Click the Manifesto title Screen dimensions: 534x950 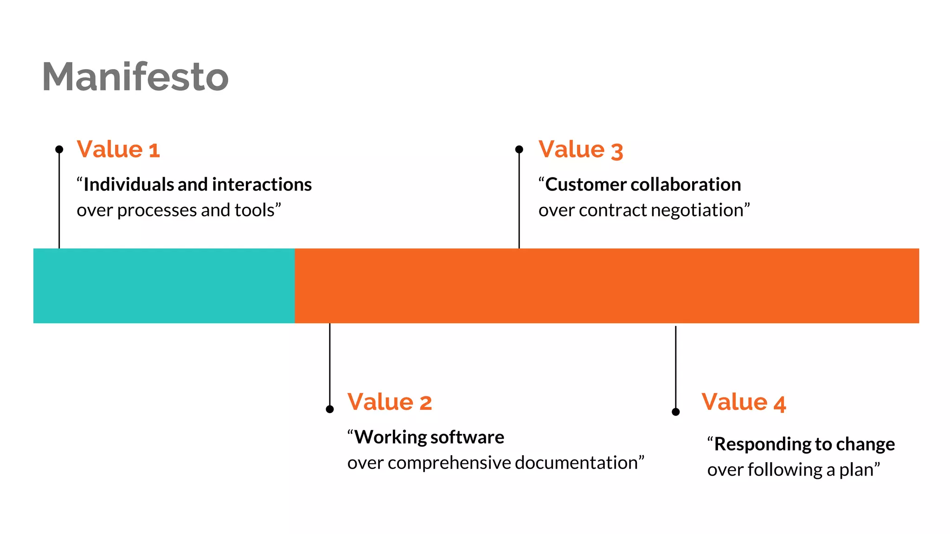coord(135,76)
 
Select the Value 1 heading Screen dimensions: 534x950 coord(118,149)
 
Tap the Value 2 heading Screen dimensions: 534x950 coord(390,402)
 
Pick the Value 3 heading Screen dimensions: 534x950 coord(580,150)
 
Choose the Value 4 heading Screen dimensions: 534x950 coord(744,402)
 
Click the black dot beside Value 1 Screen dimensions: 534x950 coord(59,149)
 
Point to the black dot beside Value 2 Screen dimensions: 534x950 coord(330,409)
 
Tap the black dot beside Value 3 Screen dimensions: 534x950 coord(519,149)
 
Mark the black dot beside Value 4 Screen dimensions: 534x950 coord(676,412)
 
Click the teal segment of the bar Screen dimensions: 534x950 coord(164,286)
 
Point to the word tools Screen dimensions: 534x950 coord(255,210)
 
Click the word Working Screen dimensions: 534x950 coord(391,437)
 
